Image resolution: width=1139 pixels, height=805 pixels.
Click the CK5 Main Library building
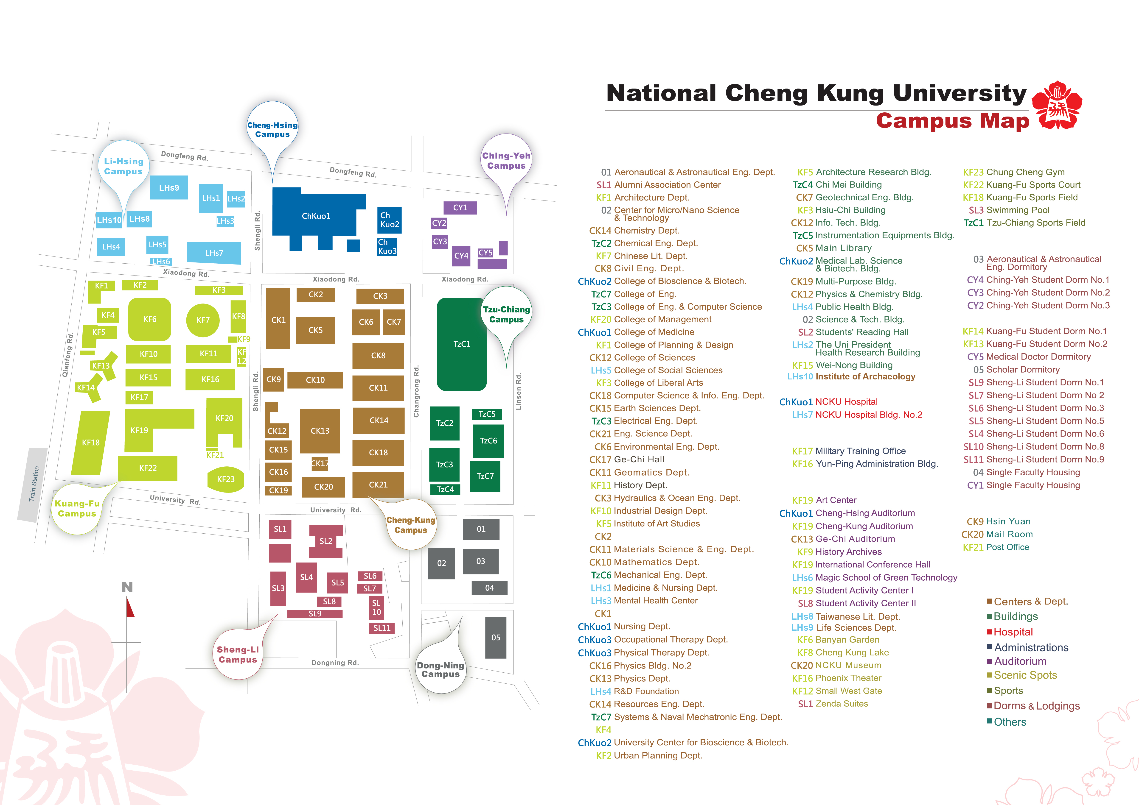coord(315,330)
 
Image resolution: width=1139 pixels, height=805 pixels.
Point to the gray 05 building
coord(496,638)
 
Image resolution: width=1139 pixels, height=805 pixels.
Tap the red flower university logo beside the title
coord(1057,106)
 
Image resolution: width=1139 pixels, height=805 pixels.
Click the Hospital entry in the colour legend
coord(1010,632)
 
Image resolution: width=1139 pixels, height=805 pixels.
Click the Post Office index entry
coord(996,547)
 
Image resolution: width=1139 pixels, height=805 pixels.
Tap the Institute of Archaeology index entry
coord(851,377)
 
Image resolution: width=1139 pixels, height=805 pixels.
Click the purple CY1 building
coord(460,208)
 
